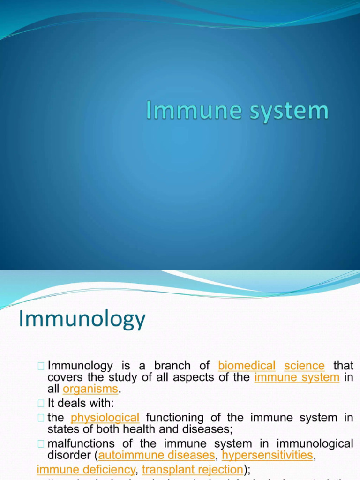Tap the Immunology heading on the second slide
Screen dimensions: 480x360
point(82,320)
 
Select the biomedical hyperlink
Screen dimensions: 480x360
point(247,366)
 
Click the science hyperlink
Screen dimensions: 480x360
point(304,366)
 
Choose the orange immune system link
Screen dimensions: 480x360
point(297,377)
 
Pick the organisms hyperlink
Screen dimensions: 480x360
point(90,389)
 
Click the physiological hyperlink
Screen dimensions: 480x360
point(105,418)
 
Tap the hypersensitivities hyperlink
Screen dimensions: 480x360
point(267,455)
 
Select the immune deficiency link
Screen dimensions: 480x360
point(86,470)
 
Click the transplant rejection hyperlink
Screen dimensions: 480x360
point(192,470)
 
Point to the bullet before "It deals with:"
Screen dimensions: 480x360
point(41,403)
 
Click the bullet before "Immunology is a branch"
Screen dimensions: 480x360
point(41,366)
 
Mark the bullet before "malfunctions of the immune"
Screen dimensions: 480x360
point(41,444)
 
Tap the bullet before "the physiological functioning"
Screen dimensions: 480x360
point(41,418)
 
